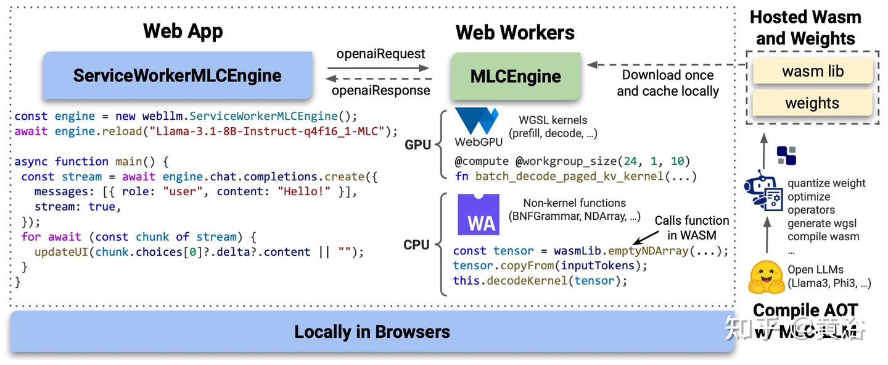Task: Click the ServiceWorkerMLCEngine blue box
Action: click(x=177, y=75)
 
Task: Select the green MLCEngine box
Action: click(x=516, y=77)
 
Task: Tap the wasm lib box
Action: click(x=812, y=71)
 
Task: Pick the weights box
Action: click(x=812, y=103)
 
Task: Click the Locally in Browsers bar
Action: click(x=372, y=332)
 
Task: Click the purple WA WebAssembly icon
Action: click(x=478, y=214)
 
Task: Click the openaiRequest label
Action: click(x=380, y=54)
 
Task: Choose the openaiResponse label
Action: click(x=380, y=90)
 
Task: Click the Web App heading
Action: click(x=183, y=31)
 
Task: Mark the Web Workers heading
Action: click(x=515, y=33)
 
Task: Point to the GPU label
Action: click(x=417, y=145)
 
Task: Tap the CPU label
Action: click(x=416, y=245)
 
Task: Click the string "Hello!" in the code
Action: click(x=307, y=191)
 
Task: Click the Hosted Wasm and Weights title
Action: click(x=805, y=28)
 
